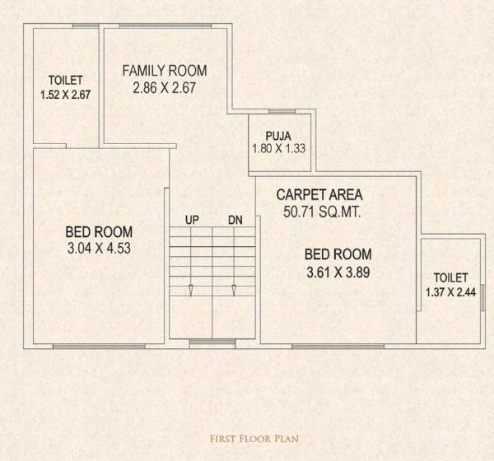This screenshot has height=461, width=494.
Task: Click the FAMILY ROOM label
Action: (x=165, y=70)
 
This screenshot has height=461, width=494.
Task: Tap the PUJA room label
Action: (x=277, y=136)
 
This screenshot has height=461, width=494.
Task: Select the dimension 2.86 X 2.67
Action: (x=165, y=86)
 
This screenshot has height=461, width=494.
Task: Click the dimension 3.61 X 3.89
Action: (x=337, y=270)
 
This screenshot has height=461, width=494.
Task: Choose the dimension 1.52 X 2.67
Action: (x=65, y=95)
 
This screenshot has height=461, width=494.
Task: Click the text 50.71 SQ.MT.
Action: (x=319, y=212)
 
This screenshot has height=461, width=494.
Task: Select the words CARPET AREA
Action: (x=319, y=195)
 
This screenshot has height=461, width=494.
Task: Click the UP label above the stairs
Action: (x=192, y=220)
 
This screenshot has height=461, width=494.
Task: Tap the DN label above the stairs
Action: (x=235, y=220)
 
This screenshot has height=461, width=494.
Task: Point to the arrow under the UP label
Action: (x=191, y=290)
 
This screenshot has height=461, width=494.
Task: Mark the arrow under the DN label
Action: (x=235, y=290)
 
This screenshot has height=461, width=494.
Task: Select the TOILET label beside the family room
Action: (x=65, y=81)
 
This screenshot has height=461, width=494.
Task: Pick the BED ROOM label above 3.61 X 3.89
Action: (x=337, y=254)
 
